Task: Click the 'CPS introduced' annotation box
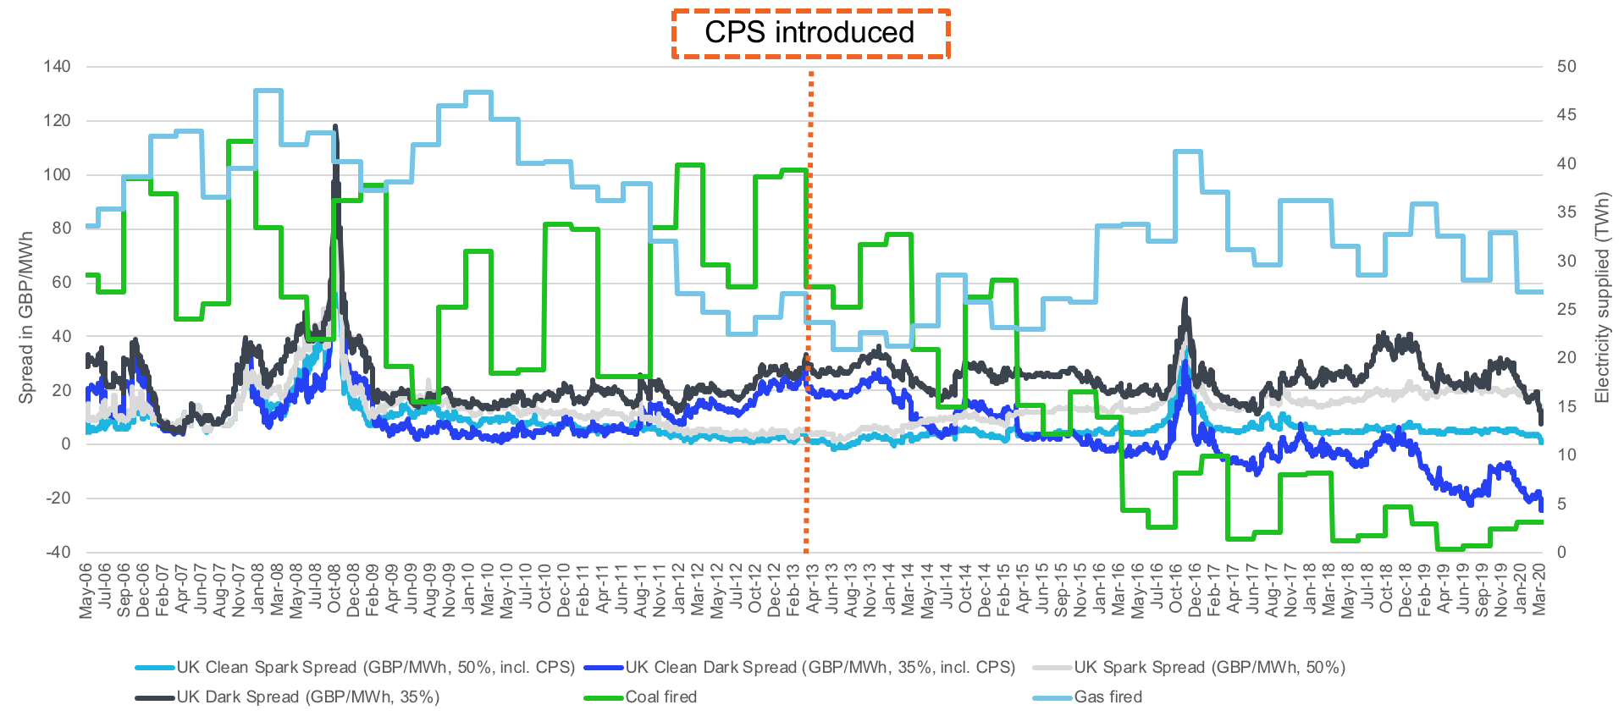click(810, 34)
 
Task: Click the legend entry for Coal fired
click(660, 697)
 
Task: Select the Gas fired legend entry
click(1108, 697)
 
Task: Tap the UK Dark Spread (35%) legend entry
click(307, 697)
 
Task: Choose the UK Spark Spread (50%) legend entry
click(1209, 668)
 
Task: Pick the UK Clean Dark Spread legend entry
click(820, 668)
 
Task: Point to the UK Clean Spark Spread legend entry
click(375, 668)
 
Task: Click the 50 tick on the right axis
click(1566, 66)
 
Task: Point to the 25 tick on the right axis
click(1566, 309)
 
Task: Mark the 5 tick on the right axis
click(1562, 504)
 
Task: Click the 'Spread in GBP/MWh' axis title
click(26, 317)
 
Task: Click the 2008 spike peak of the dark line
click(335, 127)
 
